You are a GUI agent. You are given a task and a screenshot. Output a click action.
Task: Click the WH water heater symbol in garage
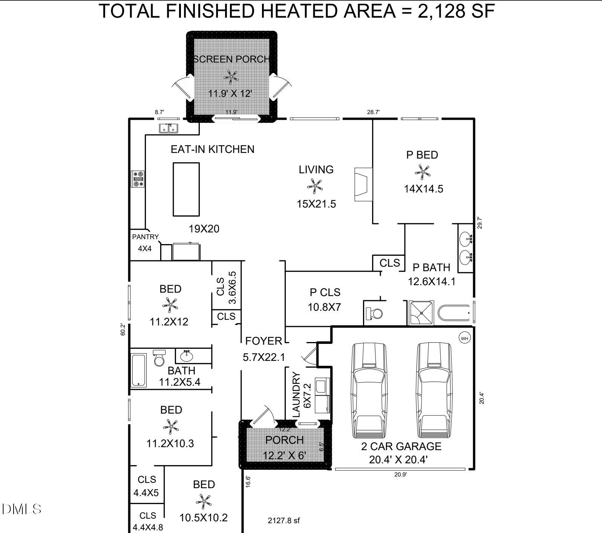coord(464,338)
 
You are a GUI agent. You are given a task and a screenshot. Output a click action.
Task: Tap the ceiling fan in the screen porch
coord(231,77)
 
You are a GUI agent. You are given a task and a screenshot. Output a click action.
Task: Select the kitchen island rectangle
coord(186,189)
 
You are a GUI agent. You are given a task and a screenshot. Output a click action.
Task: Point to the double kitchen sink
coord(168,128)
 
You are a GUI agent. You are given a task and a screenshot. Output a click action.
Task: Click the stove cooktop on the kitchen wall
coord(138,179)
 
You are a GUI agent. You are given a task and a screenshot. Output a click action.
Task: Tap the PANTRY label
coord(145,237)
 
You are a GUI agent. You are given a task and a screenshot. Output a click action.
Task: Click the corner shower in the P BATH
coord(421,313)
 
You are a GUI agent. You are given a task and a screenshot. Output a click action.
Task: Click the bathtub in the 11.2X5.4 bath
coord(139,370)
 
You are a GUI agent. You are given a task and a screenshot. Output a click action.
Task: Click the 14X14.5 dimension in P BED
coord(423,189)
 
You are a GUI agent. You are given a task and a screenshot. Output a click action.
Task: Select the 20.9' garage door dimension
coord(400,475)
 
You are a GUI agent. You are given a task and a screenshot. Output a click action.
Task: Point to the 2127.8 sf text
coord(283,521)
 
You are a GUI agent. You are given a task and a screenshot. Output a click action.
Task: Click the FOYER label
coord(263,341)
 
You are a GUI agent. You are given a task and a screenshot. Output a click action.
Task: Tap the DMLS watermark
coord(21,509)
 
